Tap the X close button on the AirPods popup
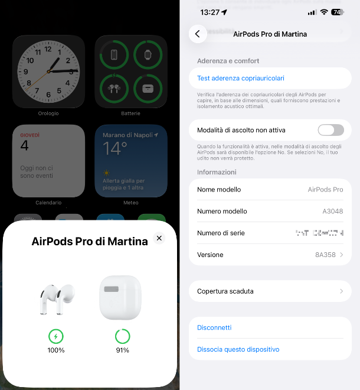[x=159, y=238]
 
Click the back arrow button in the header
[x=197, y=34]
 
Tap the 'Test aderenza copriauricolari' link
[x=241, y=78]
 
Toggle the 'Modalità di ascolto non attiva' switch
[x=330, y=130]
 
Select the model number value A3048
[x=333, y=212]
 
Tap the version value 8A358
[x=325, y=255]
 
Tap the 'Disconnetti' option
[x=214, y=327]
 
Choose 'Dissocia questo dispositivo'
[x=238, y=349]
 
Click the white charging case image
[x=120, y=297]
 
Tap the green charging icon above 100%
[x=56, y=337]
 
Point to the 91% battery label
[x=122, y=350]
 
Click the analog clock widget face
[x=48, y=71]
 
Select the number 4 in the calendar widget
[x=24, y=146]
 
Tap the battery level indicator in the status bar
[x=338, y=12]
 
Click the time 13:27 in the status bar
[x=210, y=12]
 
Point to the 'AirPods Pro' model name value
[x=325, y=190]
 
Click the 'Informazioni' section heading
[x=217, y=172]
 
